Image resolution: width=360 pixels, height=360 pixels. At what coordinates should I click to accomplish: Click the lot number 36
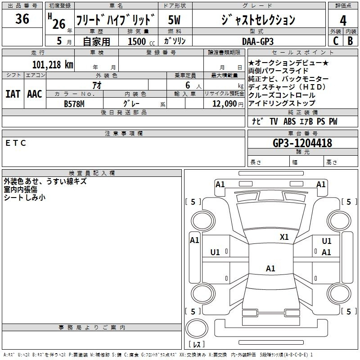22,18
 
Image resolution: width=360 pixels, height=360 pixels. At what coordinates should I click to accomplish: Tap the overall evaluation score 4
343,21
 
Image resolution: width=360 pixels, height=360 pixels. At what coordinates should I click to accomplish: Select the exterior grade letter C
336,41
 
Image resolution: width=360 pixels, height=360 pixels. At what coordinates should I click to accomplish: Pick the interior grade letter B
350,41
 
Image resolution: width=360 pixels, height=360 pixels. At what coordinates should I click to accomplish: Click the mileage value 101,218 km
53,65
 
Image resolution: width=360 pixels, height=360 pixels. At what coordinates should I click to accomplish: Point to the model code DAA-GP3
258,41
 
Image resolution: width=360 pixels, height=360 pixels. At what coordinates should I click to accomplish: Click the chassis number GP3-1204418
302,143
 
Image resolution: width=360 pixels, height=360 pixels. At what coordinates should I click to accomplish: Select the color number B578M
74,104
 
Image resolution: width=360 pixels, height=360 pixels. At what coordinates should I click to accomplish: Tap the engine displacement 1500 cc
141,41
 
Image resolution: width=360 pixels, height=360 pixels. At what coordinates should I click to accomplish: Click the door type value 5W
174,20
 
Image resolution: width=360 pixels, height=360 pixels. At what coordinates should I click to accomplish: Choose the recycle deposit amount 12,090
224,104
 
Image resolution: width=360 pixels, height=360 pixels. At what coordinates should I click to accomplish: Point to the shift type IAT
13,94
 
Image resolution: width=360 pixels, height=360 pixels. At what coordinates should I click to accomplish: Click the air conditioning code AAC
35,94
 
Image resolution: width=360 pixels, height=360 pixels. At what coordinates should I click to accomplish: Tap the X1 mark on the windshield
284,237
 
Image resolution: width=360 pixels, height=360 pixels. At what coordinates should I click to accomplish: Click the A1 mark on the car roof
270,268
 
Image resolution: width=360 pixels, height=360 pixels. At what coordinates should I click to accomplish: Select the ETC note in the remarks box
16,143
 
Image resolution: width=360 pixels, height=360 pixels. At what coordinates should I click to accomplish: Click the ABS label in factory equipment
289,121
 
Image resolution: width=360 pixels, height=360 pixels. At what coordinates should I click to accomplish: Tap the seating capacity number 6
188,85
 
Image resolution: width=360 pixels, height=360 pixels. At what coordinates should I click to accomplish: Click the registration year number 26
59,24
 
